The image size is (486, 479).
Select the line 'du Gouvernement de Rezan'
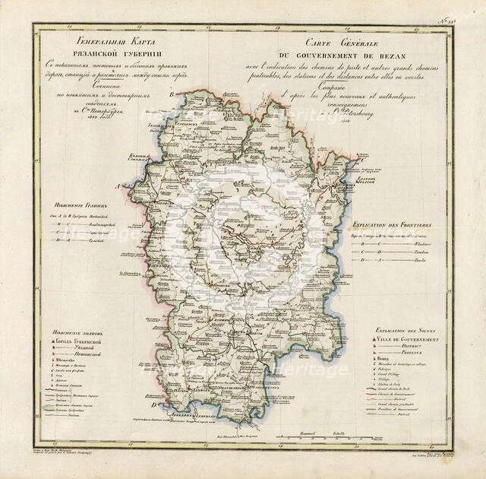point(349,56)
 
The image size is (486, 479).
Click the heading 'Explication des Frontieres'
point(393,227)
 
